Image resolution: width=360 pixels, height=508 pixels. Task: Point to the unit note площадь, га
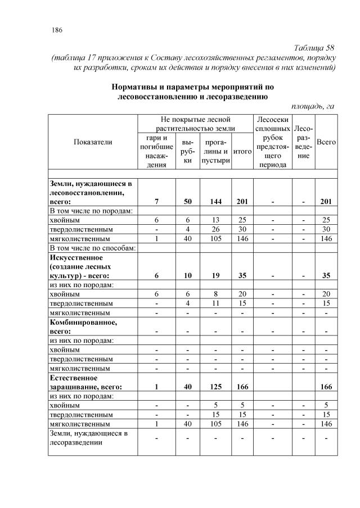click(313, 106)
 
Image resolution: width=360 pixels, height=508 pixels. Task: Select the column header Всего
click(326, 142)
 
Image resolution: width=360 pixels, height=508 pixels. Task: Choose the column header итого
click(242, 151)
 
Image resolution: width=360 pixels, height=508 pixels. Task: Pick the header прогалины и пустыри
click(215, 151)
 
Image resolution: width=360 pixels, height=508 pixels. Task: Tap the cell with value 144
click(215, 202)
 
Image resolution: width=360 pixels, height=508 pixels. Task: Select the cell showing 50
click(187, 202)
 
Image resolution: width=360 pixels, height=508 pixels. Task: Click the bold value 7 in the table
click(157, 202)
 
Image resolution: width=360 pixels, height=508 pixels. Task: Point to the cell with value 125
click(215, 387)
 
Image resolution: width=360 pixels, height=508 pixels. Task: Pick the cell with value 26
click(215, 229)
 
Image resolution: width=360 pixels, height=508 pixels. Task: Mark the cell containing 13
click(215, 220)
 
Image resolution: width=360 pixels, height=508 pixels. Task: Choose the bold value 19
click(215, 275)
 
